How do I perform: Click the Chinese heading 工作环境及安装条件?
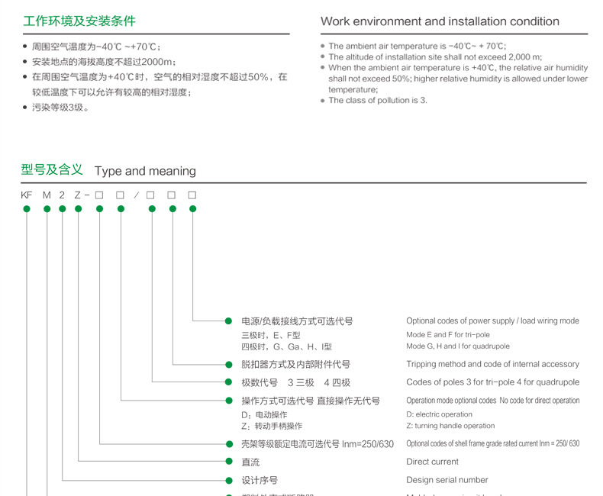(79, 21)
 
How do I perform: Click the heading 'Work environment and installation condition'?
(440, 21)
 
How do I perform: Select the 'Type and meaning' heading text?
(145, 171)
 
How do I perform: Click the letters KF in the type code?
(27, 195)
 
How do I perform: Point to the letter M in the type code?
(47, 195)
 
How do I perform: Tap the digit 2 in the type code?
(62, 195)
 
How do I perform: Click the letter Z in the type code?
(78, 195)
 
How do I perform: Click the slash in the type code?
(136, 195)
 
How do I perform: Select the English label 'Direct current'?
(432, 462)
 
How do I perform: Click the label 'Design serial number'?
(447, 480)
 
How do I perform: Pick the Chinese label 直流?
(250, 462)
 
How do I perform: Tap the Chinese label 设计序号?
(260, 480)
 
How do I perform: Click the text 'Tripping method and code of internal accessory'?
(492, 364)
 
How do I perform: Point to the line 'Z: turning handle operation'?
(450, 426)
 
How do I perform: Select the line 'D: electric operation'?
(439, 414)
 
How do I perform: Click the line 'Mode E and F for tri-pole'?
(448, 335)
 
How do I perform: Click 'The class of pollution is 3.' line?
(378, 100)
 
